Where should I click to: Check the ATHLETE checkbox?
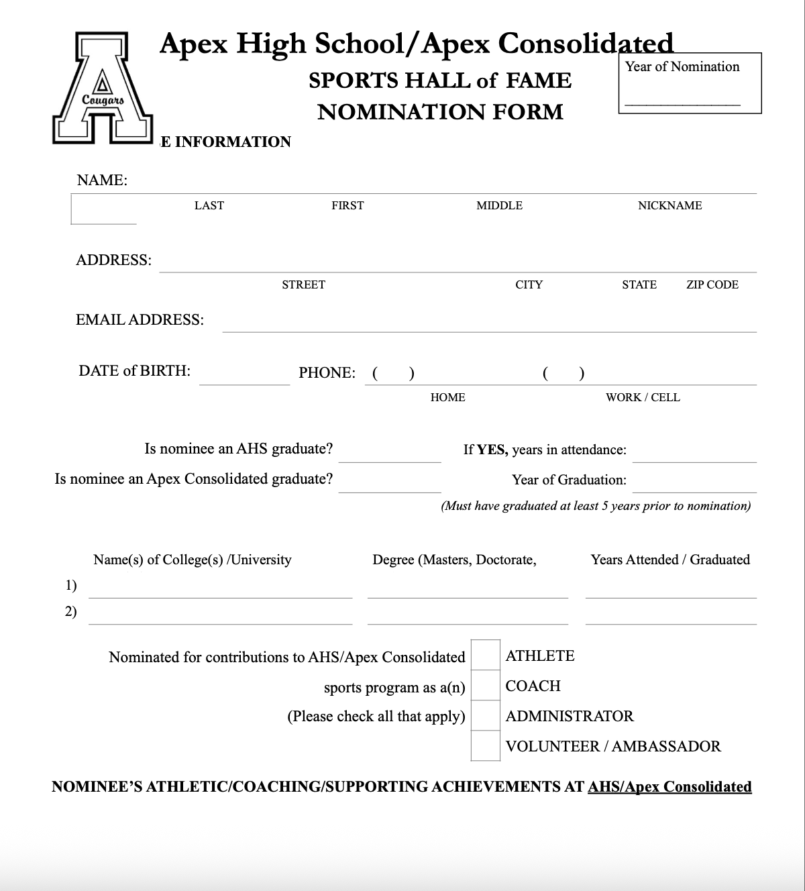(x=485, y=656)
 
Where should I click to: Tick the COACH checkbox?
(x=485, y=686)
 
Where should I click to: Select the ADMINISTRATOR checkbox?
(x=485, y=716)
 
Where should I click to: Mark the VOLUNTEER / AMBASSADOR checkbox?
(x=485, y=746)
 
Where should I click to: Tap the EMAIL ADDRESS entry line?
(x=489, y=325)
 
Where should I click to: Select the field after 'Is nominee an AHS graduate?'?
(x=389, y=454)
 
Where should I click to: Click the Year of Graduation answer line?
(x=694, y=485)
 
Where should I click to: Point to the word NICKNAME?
(x=669, y=205)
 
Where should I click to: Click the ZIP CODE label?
(x=712, y=284)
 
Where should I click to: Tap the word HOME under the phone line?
(x=447, y=397)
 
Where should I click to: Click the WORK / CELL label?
(x=643, y=397)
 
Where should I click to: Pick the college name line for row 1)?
(x=220, y=590)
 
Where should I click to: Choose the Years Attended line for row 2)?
(x=671, y=617)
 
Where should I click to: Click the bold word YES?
(x=492, y=450)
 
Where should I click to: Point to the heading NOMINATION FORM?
(x=440, y=111)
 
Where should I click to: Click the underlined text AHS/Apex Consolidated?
(x=669, y=786)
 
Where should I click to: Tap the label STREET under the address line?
(x=303, y=284)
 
